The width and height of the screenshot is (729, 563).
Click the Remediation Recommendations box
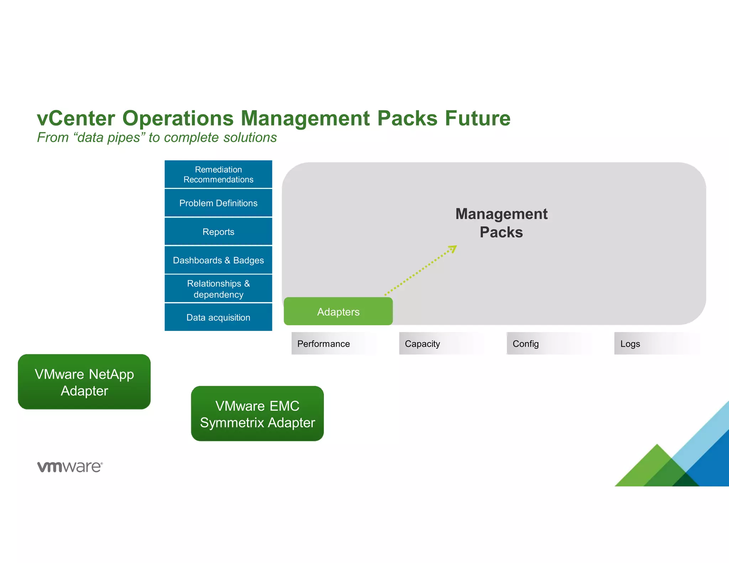click(x=218, y=174)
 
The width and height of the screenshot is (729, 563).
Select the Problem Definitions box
click(x=218, y=203)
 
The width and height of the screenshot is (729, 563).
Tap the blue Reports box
click(x=218, y=232)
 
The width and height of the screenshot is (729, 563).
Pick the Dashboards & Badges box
click(x=218, y=260)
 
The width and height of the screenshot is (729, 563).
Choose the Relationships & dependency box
click(x=218, y=289)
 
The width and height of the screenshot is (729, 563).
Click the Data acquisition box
click(x=218, y=317)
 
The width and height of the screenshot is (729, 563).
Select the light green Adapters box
click(x=338, y=311)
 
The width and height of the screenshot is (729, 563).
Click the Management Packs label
click(x=501, y=223)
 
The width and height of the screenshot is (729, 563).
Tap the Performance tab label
click(x=323, y=344)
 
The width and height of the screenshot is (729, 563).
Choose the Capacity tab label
click(x=422, y=344)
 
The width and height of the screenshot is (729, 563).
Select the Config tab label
click(x=525, y=344)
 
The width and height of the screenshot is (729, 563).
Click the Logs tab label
click(x=630, y=344)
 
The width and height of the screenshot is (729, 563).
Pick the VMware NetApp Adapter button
click(x=84, y=382)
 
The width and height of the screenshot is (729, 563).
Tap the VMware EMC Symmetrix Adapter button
click(x=257, y=414)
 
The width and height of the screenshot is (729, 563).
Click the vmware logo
click(x=70, y=467)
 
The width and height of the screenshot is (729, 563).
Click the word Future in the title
click(x=477, y=118)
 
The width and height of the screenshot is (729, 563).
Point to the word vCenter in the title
click(x=76, y=118)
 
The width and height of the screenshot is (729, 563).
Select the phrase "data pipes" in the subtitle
click(x=109, y=137)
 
